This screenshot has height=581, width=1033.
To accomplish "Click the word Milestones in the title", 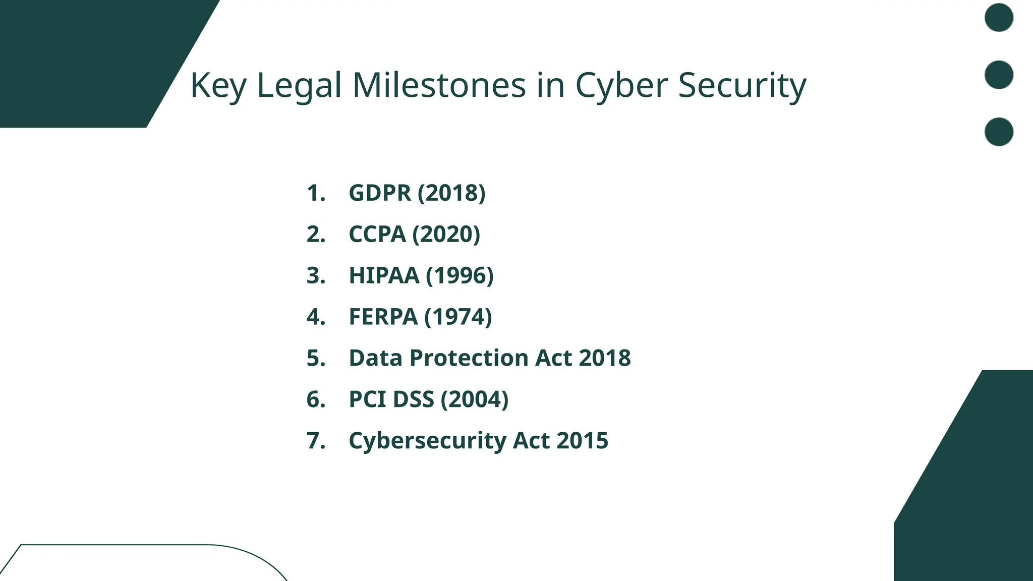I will (x=439, y=85).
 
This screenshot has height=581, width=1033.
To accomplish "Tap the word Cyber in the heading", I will (x=621, y=86).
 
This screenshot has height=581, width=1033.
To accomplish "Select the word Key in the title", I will (x=218, y=86).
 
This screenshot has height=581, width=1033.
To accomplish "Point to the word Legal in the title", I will (x=299, y=86).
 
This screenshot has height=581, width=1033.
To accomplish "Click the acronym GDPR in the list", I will (x=380, y=193).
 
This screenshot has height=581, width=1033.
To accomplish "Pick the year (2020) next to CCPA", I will (x=446, y=235).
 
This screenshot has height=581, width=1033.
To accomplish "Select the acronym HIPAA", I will (x=384, y=276).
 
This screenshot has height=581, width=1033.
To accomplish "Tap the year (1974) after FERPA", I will (x=458, y=317).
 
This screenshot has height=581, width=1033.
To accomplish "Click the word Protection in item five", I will (x=469, y=358).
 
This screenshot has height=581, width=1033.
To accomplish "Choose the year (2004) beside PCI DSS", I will (x=475, y=399).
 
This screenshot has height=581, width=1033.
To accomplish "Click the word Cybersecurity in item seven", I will (x=427, y=441).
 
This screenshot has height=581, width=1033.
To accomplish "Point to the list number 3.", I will (x=316, y=276).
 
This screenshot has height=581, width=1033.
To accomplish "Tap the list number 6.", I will (x=316, y=399).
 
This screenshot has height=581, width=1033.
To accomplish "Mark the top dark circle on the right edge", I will (x=999, y=18).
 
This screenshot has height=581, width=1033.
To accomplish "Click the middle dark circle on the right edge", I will (x=999, y=75).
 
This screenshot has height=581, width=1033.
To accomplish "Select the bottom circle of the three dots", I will (x=999, y=132).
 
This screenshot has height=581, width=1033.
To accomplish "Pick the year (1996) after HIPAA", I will (x=460, y=276).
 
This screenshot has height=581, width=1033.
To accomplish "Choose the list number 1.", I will (x=316, y=193).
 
